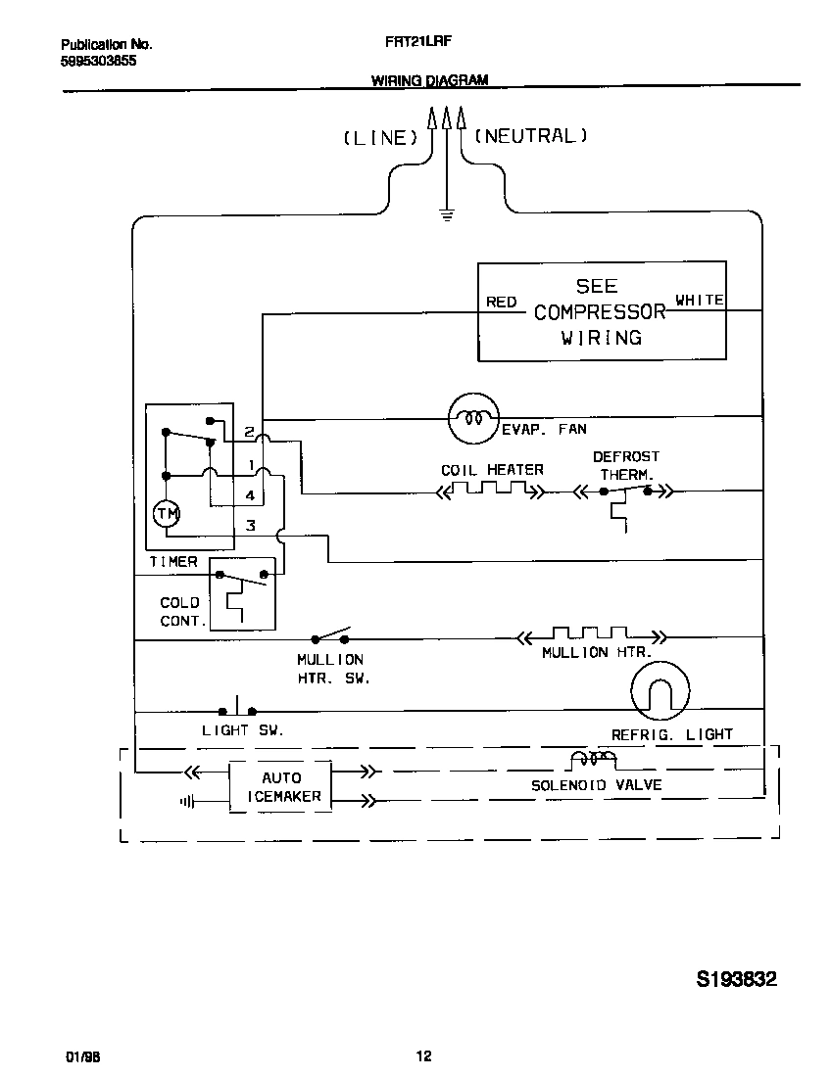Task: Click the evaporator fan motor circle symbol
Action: click(x=473, y=418)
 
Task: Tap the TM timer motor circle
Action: click(x=166, y=514)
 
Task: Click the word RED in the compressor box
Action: click(x=501, y=302)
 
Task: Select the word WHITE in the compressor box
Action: click(x=700, y=301)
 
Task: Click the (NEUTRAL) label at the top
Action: click(x=531, y=136)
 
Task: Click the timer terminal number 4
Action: click(x=251, y=496)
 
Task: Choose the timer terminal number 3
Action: click(x=251, y=527)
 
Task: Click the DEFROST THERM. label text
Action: click(x=625, y=465)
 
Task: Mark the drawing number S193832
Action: click(x=736, y=980)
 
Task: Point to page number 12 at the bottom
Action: click(x=423, y=1056)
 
